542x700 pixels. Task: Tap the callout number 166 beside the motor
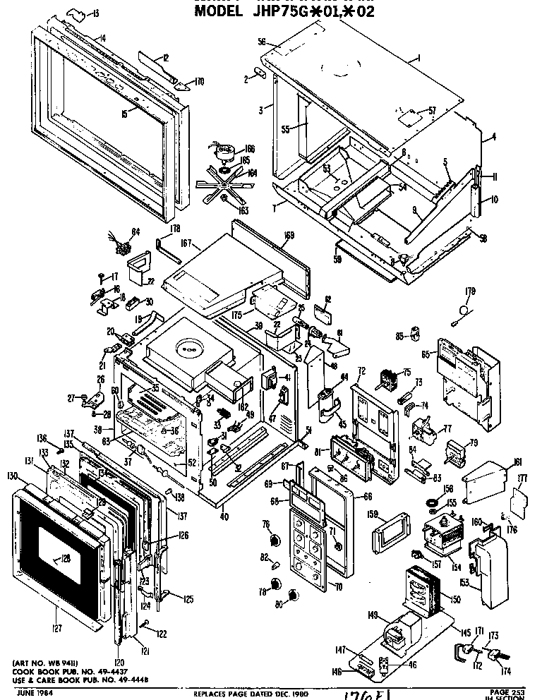pyautogui.click(x=250, y=148)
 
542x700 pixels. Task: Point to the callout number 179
pyautogui.click(x=470, y=291)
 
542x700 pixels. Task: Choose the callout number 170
pyautogui.click(x=199, y=82)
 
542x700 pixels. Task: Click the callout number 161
pyautogui.click(x=517, y=462)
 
